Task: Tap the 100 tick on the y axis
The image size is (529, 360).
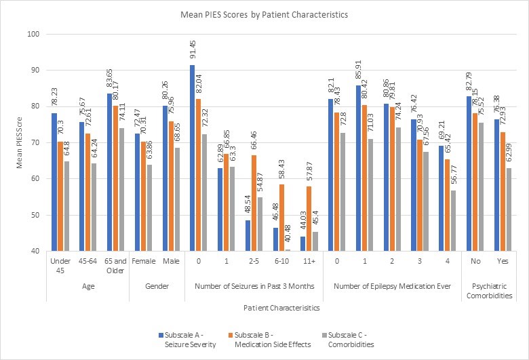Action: pos(34,34)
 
